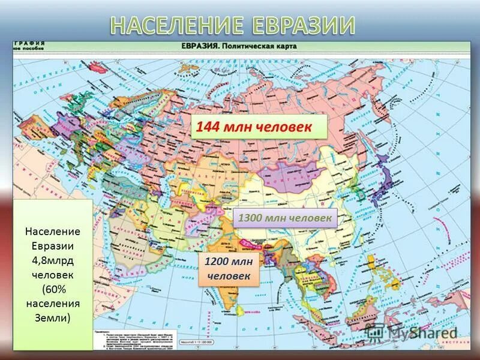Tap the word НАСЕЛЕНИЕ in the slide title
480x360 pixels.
[176, 26]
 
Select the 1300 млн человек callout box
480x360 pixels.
[284, 218]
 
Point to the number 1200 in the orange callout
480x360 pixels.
[219, 262]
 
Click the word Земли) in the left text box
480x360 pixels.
[53, 317]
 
